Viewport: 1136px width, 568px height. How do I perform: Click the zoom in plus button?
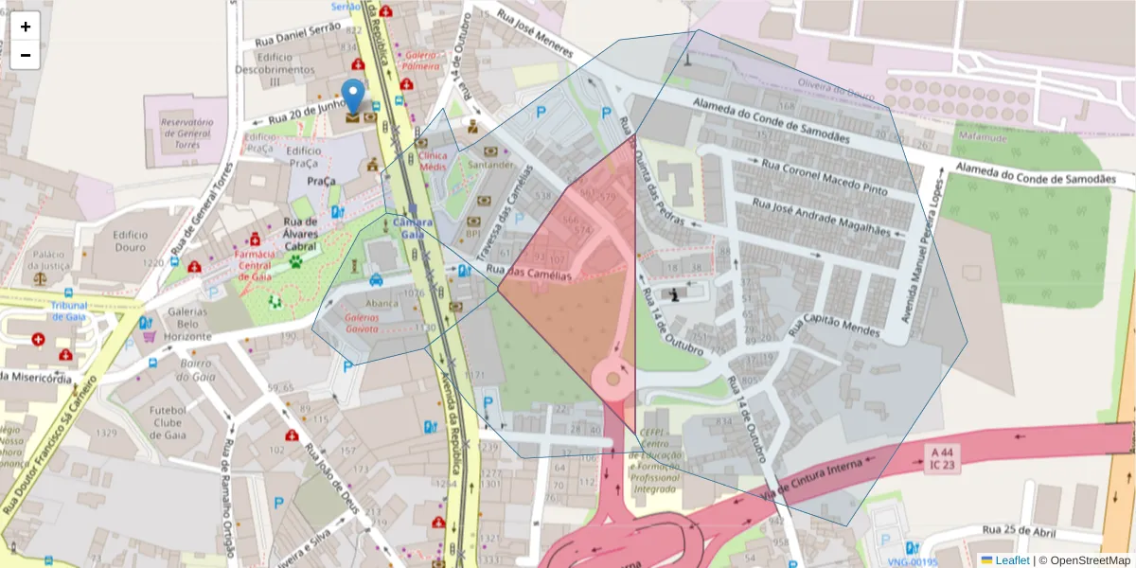26,27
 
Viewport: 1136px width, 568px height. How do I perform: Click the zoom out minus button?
26,55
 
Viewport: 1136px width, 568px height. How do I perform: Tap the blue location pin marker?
353,97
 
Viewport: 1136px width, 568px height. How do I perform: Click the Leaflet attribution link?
1012,560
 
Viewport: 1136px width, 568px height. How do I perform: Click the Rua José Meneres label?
535,35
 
